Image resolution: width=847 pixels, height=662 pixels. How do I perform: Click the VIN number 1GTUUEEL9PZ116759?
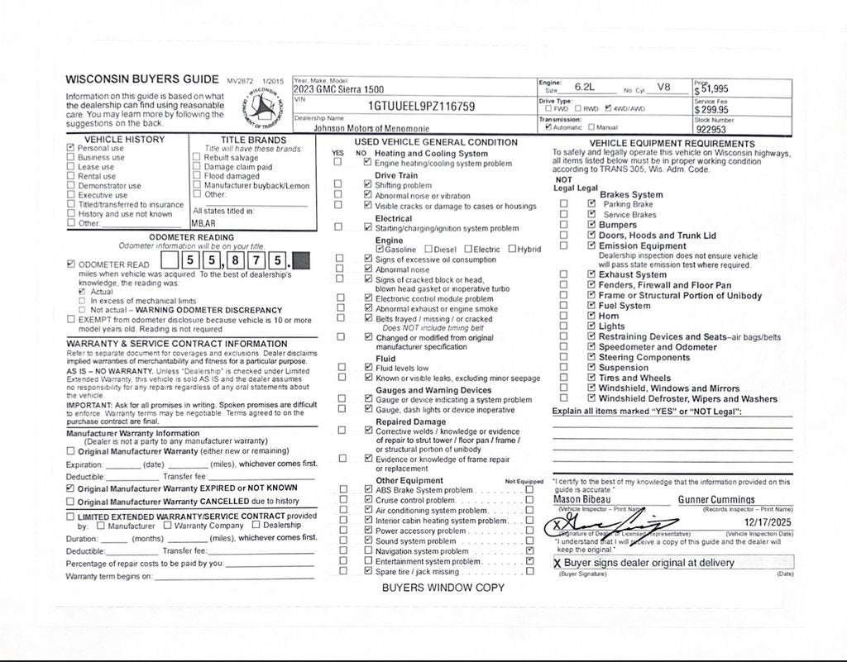(x=421, y=107)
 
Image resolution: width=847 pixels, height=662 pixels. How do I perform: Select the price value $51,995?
(x=711, y=89)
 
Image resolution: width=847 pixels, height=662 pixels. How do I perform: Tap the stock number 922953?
(x=711, y=129)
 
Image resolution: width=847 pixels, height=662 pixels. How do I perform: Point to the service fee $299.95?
(x=711, y=109)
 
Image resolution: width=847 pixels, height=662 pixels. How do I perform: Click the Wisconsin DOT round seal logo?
(x=264, y=107)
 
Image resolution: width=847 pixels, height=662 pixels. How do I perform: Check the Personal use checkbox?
(x=71, y=148)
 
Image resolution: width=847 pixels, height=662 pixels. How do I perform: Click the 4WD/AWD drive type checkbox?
(x=609, y=108)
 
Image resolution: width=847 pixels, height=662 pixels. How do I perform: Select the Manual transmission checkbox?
(x=591, y=128)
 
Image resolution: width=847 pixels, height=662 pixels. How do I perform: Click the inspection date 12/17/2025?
(x=768, y=522)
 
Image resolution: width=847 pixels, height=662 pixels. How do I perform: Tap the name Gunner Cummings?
(x=716, y=500)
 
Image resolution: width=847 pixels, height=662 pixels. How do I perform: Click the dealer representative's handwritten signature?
(x=612, y=525)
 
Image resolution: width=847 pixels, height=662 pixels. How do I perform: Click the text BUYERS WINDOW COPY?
(x=443, y=588)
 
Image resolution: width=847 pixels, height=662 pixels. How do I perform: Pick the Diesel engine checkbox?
(x=428, y=249)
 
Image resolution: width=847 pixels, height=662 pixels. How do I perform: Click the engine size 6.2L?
(x=584, y=86)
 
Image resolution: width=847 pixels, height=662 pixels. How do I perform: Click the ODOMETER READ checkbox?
(x=71, y=264)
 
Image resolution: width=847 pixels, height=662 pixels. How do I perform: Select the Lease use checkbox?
(x=71, y=167)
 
